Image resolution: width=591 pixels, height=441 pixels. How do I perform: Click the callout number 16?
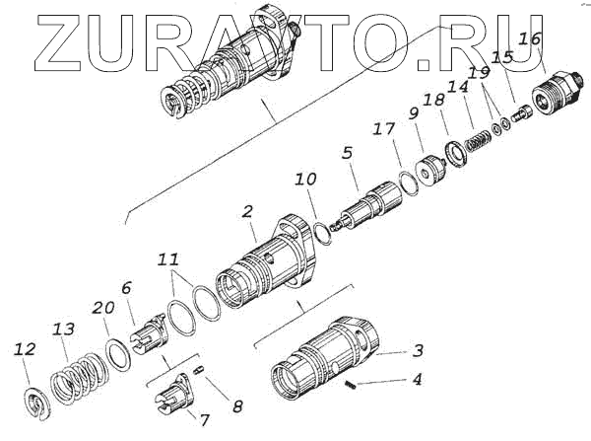(x=529, y=39)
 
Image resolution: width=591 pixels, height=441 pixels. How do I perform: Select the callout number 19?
(x=479, y=73)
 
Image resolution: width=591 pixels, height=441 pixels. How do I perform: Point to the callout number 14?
(x=456, y=87)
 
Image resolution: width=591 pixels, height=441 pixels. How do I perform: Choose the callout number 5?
(x=347, y=153)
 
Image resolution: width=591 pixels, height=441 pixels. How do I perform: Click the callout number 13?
(x=64, y=329)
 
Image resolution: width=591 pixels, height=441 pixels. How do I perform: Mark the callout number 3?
(x=418, y=350)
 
